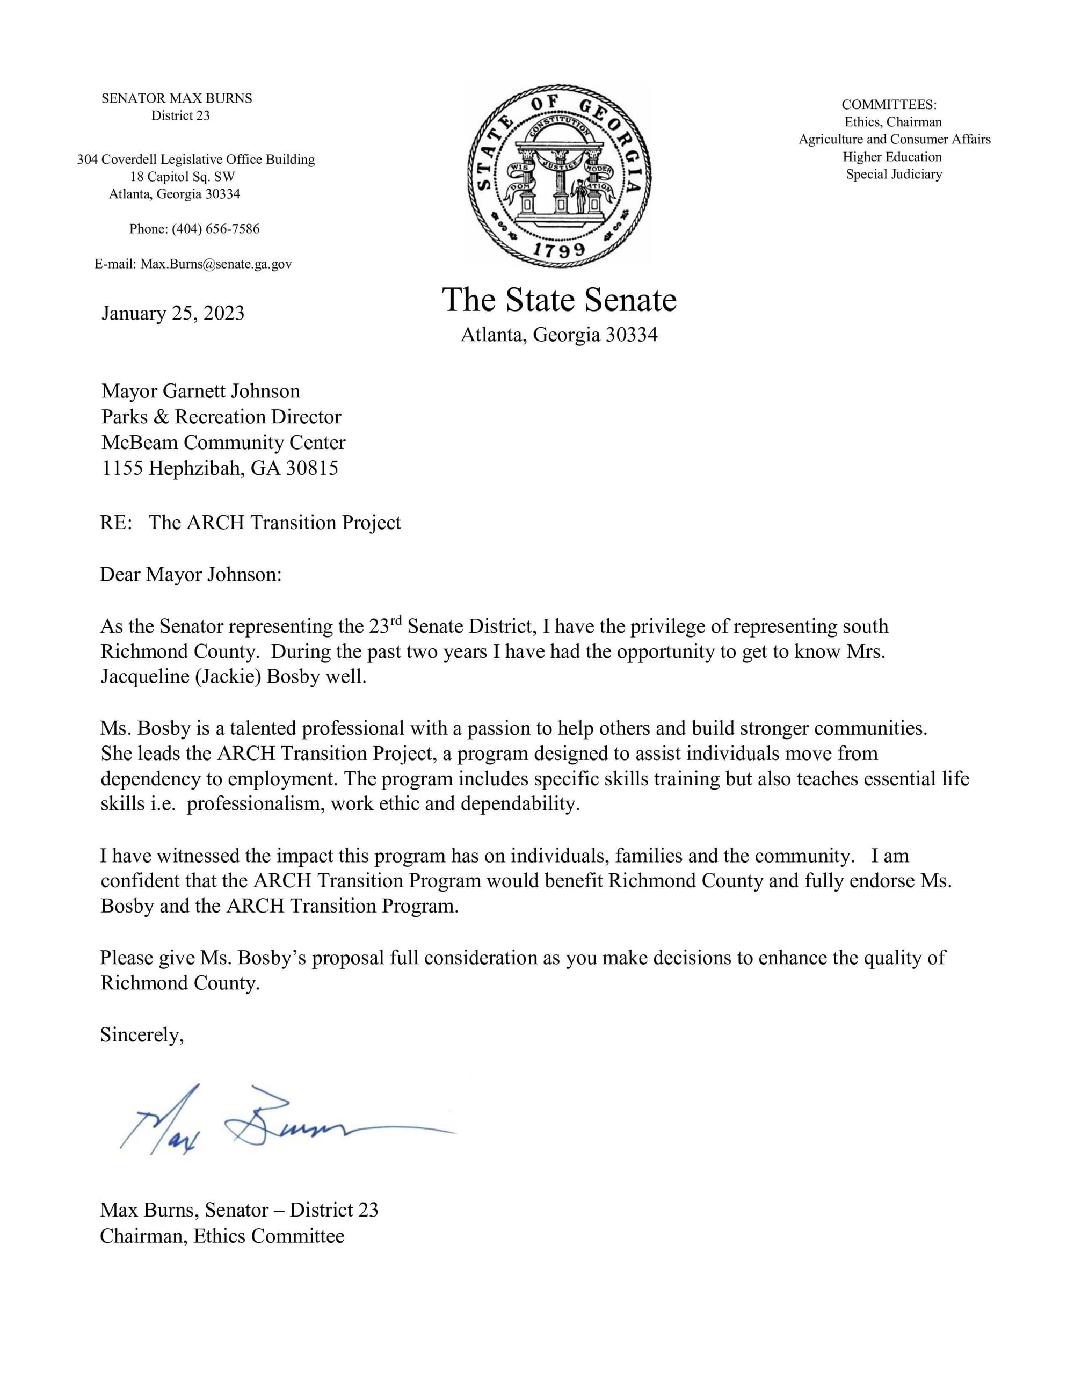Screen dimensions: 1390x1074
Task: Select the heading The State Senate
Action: click(558, 300)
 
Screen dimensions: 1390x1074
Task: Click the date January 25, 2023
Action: click(172, 313)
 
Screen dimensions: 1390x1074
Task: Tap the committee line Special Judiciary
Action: click(894, 175)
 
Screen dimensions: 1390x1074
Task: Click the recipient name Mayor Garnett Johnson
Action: click(200, 391)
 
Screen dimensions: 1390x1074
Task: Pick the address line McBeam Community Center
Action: click(223, 443)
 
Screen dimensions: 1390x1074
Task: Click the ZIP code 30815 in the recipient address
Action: click(312, 468)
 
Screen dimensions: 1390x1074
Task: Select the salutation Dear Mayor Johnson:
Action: click(190, 575)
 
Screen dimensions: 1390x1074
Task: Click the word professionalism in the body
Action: click(255, 804)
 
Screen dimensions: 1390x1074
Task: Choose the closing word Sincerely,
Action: click(141, 1035)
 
